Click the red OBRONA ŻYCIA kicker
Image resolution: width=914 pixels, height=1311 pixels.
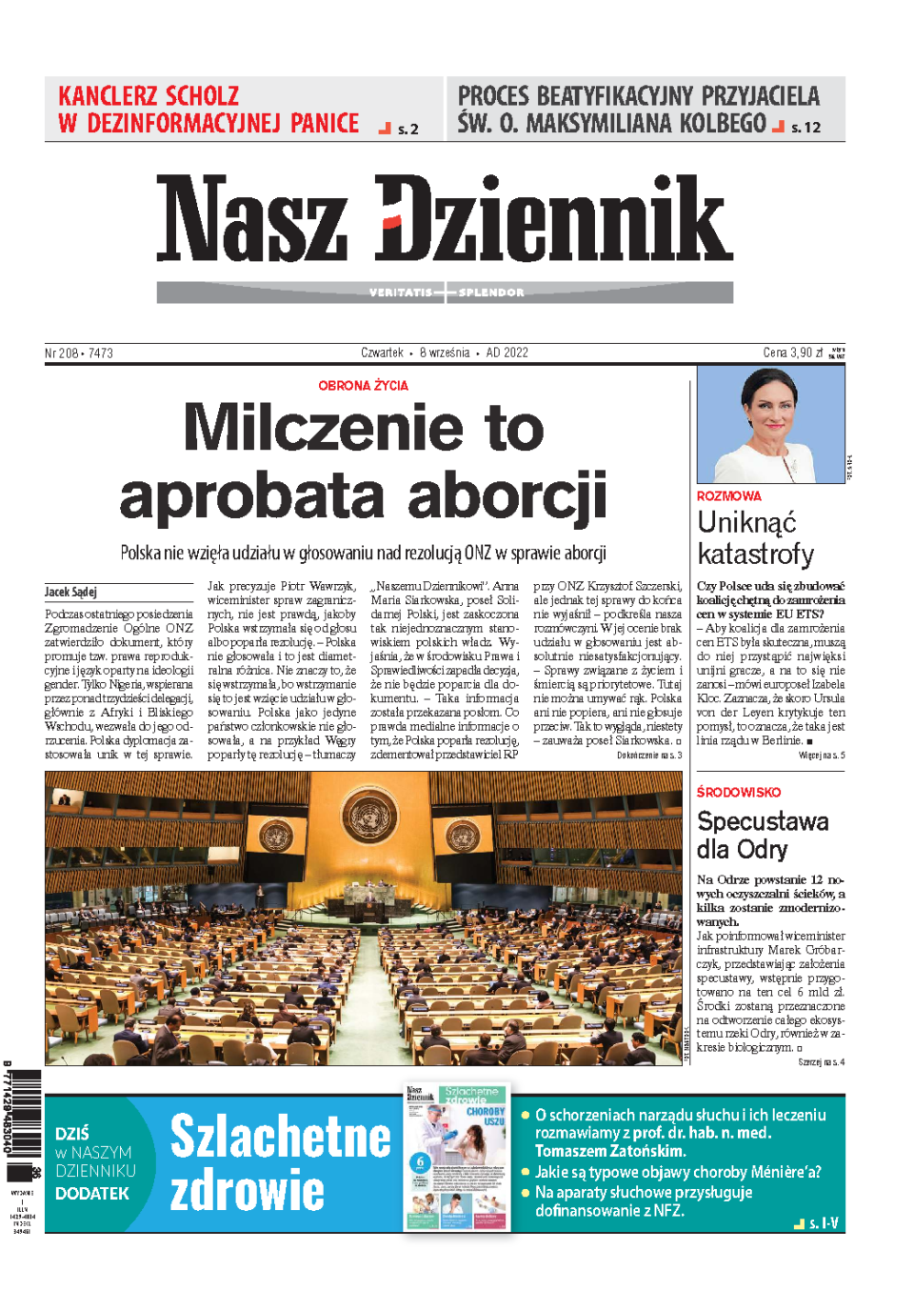(363, 386)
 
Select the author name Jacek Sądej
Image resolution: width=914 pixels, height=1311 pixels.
(70, 592)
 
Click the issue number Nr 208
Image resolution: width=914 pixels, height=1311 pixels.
(61, 353)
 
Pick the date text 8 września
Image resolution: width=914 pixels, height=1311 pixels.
(445, 353)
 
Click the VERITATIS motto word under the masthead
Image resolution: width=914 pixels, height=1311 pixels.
(401, 292)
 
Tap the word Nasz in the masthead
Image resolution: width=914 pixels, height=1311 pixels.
(252, 218)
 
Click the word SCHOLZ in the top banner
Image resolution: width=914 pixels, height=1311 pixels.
(201, 96)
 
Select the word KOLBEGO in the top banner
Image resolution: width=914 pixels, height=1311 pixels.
(709, 124)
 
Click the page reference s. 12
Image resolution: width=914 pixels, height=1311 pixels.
(805, 128)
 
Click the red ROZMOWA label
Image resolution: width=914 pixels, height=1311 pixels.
(728, 496)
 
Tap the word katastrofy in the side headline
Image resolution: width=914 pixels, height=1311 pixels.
(755, 555)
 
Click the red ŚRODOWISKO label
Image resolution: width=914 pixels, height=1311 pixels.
(738, 792)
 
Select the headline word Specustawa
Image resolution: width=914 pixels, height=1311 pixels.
(763, 821)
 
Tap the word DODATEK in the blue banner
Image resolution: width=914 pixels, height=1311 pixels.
(92, 1193)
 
